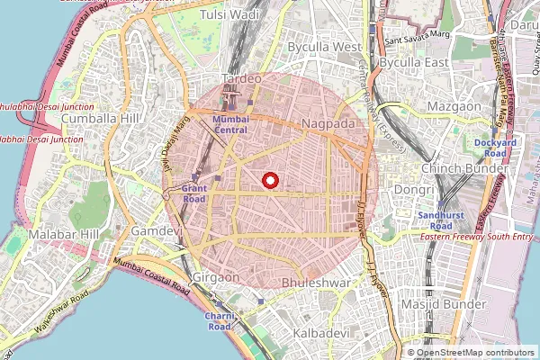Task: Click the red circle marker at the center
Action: (x=269, y=181)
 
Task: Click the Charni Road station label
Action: (x=220, y=321)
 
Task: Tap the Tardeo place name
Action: (x=241, y=78)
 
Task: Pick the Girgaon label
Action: (x=216, y=277)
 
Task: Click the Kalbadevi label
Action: (x=320, y=333)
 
